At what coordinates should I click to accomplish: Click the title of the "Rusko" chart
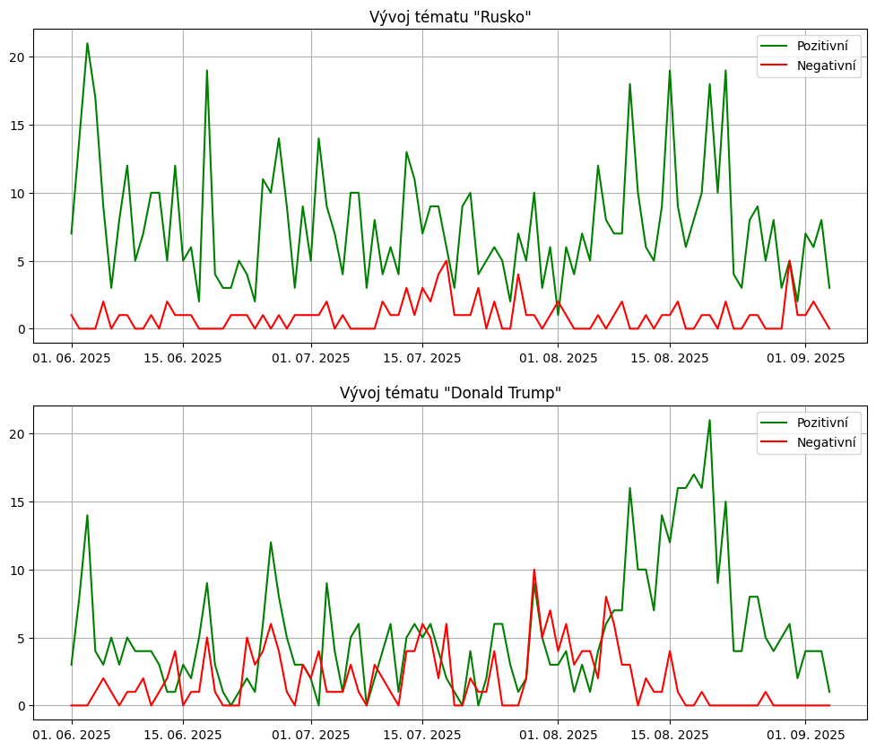(x=450, y=17)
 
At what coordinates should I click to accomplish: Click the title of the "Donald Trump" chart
(x=450, y=393)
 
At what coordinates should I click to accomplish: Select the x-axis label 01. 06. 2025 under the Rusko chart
(x=72, y=358)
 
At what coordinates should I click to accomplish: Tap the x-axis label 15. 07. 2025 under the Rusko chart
(x=422, y=358)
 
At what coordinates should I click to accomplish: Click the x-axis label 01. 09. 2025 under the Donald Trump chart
(x=805, y=735)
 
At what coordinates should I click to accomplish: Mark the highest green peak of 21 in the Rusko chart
(x=87, y=43)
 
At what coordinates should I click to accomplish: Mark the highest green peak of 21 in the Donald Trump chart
(x=709, y=420)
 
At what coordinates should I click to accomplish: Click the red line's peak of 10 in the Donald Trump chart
(x=534, y=570)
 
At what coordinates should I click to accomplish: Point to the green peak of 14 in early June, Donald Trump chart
(x=87, y=515)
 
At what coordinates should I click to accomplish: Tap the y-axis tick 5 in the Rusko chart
(x=23, y=261)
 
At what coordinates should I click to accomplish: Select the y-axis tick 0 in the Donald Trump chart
(x=23, y=706)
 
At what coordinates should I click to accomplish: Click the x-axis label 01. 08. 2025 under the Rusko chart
(x=558, y=358)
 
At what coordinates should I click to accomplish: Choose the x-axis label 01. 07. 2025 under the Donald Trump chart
(x=311, y=735)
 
